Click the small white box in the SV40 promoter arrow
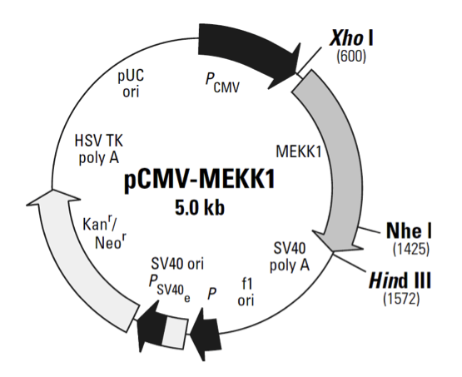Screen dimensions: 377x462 (x=171, y=332)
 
